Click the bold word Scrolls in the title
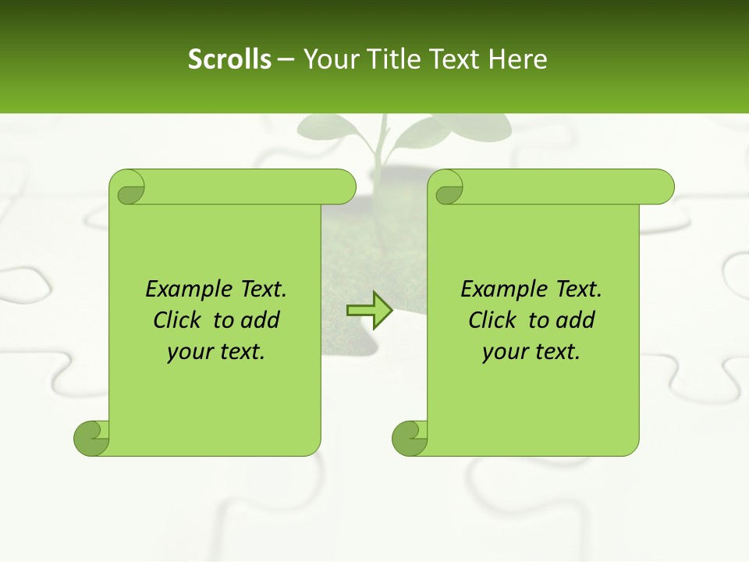click(229, 59)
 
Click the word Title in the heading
click(390, 59)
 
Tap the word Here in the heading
click(517, 59)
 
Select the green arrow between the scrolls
click(369, 310)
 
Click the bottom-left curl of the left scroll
click(91, 439)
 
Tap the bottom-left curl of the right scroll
click(410, 439)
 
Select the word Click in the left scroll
click(176, 320)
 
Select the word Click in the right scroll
click(492, 320)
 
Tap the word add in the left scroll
click(260, 320)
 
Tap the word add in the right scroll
click(575, 320)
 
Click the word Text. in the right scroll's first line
click(578, 290)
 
